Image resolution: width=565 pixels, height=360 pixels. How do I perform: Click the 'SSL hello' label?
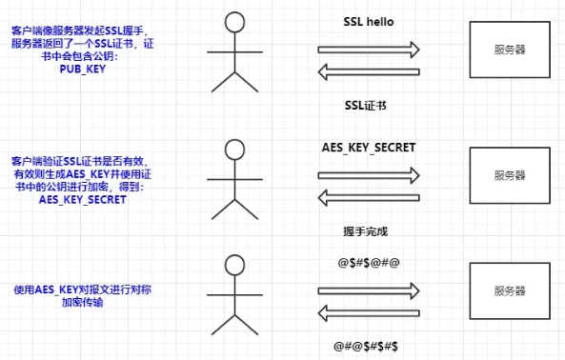[x=369, y=22]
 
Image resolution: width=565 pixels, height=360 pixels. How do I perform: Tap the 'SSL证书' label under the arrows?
[x=365, y=106]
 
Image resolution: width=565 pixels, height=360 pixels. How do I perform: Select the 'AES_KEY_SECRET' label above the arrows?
[x=369, y=148]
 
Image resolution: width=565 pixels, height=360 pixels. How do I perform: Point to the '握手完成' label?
[x=365, y=231]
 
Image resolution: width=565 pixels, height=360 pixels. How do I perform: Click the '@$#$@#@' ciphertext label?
[x=369, y=263]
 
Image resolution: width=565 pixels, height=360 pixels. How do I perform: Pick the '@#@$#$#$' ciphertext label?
[x=366, y=347]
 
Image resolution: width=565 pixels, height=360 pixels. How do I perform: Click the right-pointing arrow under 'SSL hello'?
[x=369, y=50]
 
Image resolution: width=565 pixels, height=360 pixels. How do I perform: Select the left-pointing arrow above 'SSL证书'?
[x=369, y=71]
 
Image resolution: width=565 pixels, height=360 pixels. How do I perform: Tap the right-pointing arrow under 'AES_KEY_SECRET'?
[x=369, y=175]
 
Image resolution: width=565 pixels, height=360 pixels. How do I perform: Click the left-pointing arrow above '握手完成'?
[x=369, y=198]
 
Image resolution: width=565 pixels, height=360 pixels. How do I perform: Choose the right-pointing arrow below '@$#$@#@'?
[x=369, y=290]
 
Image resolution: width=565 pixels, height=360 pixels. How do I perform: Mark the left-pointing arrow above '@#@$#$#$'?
[x=369, y=312]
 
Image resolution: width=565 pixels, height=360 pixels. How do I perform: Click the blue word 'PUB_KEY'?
[x=83, y=69]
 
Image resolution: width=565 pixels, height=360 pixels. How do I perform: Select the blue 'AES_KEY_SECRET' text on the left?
[x=83, y=199]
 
